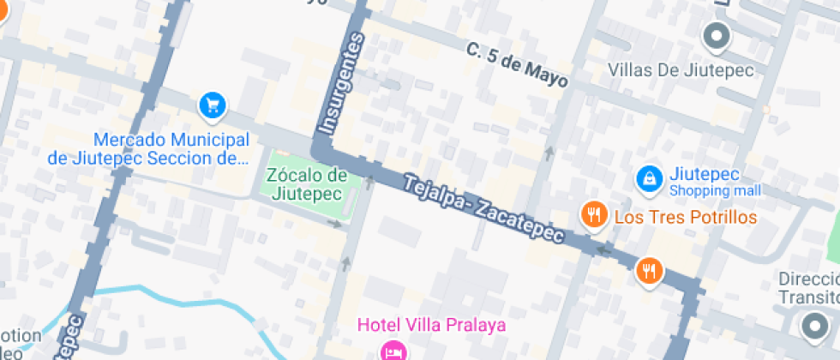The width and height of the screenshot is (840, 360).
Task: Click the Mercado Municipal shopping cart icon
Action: click(212, 105)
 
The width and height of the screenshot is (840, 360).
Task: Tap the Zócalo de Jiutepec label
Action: click(307, 183)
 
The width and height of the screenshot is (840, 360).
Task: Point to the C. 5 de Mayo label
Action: click(518, 64)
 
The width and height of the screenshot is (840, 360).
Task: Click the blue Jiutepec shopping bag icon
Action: click(650, 178)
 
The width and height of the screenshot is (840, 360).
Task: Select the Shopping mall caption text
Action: click(714, 190)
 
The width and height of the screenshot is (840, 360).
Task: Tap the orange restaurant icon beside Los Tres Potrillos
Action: click(593, 215)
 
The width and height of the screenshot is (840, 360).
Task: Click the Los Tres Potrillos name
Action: click(686, 217)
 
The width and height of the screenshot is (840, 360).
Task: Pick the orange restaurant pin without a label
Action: click(649, 271)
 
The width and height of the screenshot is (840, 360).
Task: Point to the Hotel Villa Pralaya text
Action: click(431, 325)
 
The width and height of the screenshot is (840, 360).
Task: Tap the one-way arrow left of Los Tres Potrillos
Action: click(549, 153)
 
